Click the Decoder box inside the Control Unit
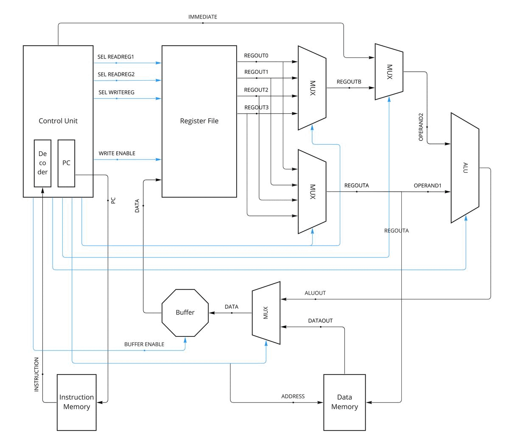[x=42, y=163]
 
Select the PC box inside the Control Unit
[x=66, y=163]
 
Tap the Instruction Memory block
[x=77, y=402]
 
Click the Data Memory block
[x=344, y=402]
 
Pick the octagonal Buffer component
[x=185, y=313]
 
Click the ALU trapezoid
[x=465, y=168]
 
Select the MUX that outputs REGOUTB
[x=312, y=88]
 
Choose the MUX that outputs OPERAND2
[x=389, y=72]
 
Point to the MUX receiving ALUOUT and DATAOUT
[x=266, y=313]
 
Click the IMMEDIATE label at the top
[x=203, y=17]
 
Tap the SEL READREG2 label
[x=116, y=75]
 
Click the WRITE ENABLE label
[x=117, y=154]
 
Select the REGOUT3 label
[x=256, y=108]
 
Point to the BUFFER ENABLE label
[x=144, y=344]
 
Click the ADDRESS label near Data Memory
[x=293, y=397]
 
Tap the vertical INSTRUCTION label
[x=36, y=374]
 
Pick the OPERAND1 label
[x=428, y=186]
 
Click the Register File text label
[x=199, y=121]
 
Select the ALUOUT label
[x=315, y=294]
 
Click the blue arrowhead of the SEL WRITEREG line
[x=159, y=98]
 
